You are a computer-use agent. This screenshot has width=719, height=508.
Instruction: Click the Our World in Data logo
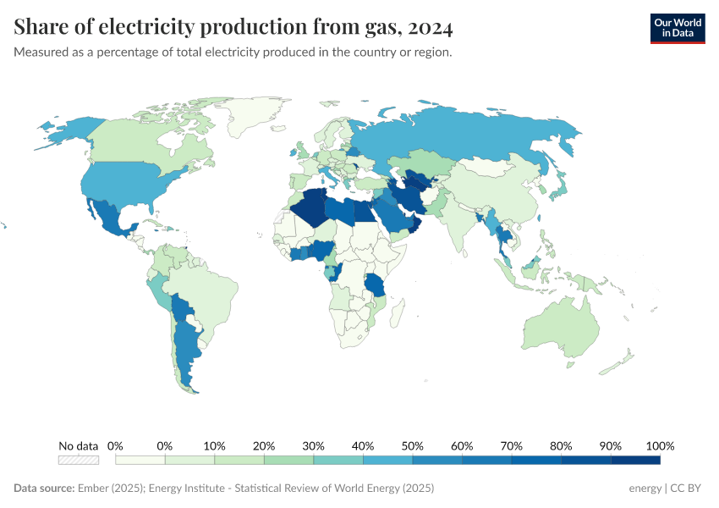677,28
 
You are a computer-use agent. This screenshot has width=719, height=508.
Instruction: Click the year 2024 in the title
430,27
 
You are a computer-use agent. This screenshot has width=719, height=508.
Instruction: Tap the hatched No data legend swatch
79,460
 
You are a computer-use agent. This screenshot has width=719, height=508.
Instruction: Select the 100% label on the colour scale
660,446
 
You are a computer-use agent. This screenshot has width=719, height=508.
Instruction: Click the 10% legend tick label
214,446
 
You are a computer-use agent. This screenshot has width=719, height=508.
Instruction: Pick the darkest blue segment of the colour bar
635,460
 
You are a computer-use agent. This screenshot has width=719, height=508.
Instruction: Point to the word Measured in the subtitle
41,52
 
